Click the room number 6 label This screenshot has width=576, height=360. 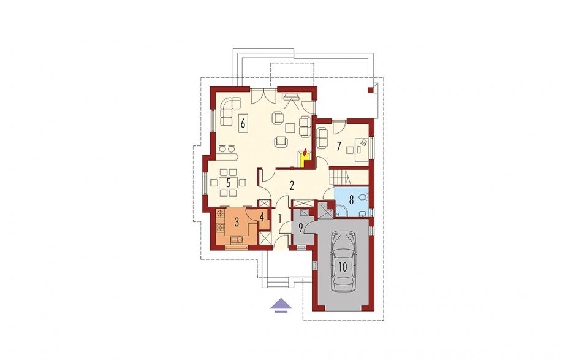(x=243, y=123)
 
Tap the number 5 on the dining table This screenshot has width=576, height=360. (x=228, y=183)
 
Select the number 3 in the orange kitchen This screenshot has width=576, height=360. (x=237, y=222)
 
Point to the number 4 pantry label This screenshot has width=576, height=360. (x=262, y=216)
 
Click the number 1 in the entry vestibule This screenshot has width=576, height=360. (x=279, y=219)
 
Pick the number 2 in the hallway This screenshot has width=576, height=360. (x=292, y=185)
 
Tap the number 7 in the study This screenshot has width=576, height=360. (x=339, y=147)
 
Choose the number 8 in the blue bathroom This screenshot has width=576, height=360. (x=351, y=200)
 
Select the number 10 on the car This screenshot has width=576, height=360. (x=343, y=267)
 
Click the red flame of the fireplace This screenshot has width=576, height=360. (x=305, y=152)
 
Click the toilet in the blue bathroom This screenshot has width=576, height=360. (x=364, y=198)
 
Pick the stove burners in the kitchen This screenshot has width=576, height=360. (x=221, y=228)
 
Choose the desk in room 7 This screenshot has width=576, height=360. (x=361, y=147)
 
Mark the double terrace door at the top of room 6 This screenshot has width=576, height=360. (x=263, y=96)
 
